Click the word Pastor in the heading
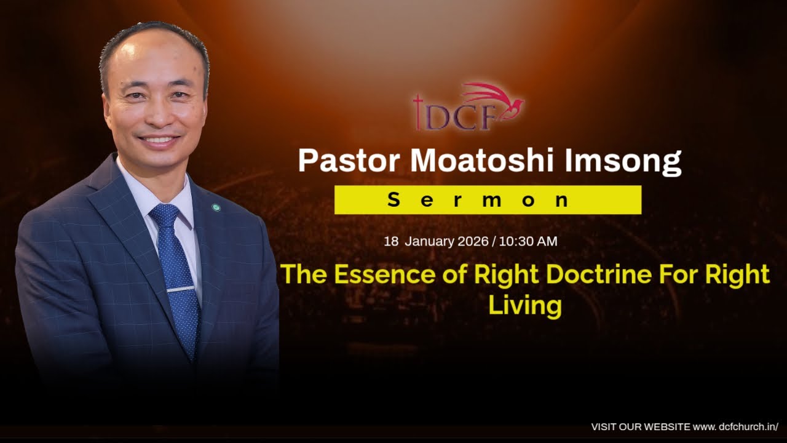point(349,161)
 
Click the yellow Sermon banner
point(488,200)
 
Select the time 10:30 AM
point(528,241)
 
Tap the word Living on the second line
point(524,306)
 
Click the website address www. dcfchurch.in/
point(735,426)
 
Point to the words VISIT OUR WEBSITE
point(640,426)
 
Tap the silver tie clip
point(181,289)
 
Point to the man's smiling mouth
point(159,140)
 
